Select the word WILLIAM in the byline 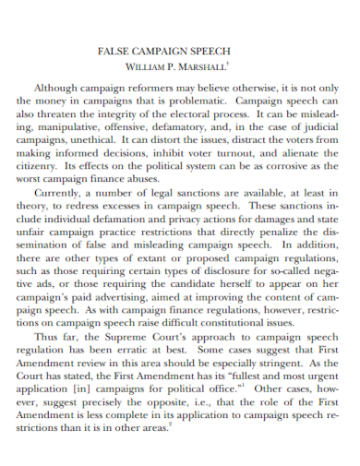146,67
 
